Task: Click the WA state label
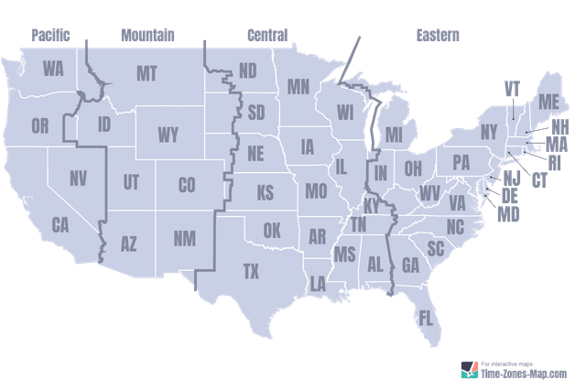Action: click(53, 69)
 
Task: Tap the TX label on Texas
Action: click(251, 271)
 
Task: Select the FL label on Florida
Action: click(427, 319)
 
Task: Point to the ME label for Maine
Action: click(548, 101)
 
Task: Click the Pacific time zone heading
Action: click(51, 35)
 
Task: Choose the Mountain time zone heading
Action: click(147, 35)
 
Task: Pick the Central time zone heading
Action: click(267, 35)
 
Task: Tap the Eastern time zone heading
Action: click(437, 35)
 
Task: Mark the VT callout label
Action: click(512, 89)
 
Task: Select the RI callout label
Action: click(553, 164)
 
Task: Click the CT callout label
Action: click(539, 179)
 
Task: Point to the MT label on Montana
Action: click(146, 73)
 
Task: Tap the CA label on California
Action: click(61, 224)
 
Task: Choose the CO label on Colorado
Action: click(187, 185)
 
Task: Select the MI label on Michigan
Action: click(395, 135)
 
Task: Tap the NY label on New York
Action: click(489, 130)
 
